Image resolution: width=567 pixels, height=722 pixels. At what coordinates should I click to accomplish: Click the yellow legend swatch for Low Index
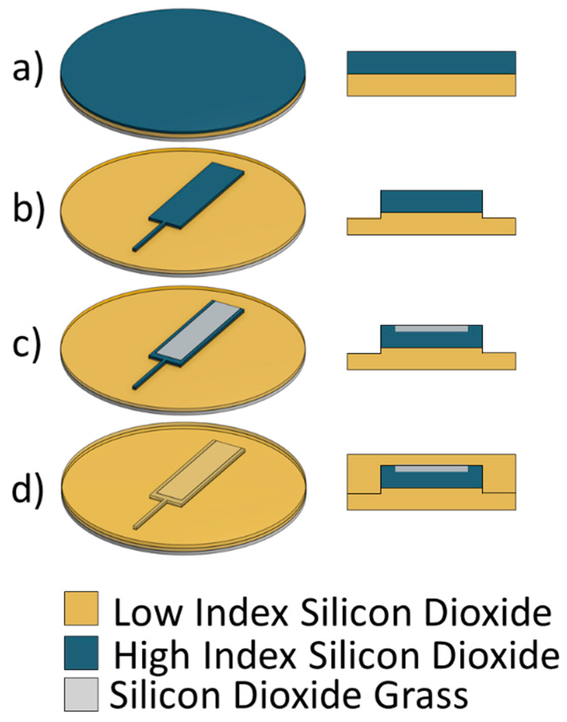81,608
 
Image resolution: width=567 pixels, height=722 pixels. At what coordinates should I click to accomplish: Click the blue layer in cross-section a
431,62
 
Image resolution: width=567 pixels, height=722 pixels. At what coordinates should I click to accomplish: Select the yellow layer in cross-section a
431,85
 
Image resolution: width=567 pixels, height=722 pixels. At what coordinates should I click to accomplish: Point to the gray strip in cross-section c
431,328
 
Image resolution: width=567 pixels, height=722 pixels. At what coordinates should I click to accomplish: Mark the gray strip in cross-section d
431,469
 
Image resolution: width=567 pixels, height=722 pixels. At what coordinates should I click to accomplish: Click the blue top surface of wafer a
183,70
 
